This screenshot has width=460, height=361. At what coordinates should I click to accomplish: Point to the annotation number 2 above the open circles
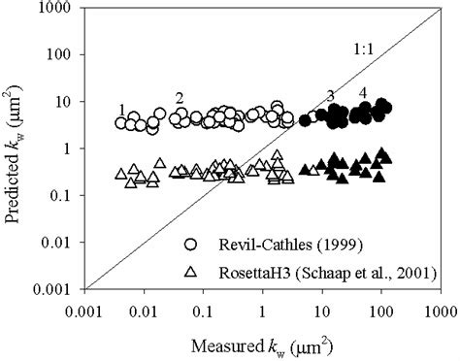click(180, 98)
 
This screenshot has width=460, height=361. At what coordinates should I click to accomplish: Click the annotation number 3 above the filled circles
click(330, 95)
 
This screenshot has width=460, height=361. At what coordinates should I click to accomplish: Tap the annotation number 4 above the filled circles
click(362, 92)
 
